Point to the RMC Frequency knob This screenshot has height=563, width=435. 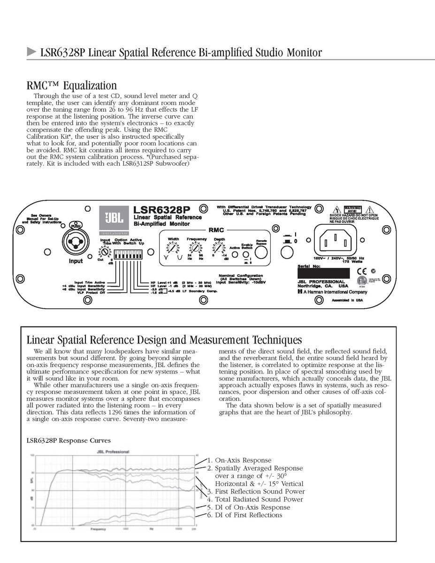tap(197, 248)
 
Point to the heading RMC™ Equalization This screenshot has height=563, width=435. tap(71, 85)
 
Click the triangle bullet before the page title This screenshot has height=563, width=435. tap(31, 52)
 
